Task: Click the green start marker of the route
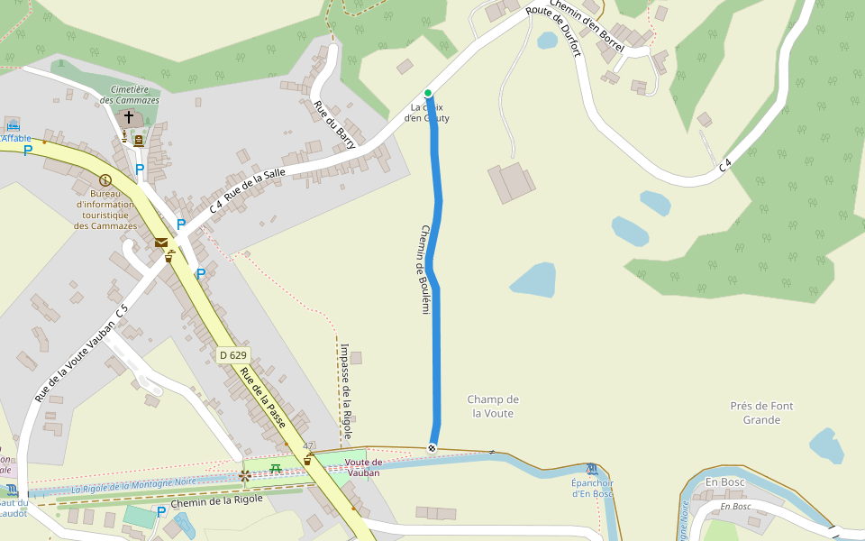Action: [x=428, y=93]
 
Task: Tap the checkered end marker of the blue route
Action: [x=432, y=448]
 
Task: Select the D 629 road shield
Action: [x=232, y=355]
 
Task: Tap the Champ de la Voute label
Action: [x=494, y=406]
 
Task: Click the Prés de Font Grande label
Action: [x=761, y=412]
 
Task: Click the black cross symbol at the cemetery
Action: [x=128, y=117]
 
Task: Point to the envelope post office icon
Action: [x=160, y=242]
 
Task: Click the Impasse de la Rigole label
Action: [x=346, y=388]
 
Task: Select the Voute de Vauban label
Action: [x=363, y=467]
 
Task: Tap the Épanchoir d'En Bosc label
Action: [x=592, y=488]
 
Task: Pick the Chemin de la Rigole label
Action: [x=216, y=500]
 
